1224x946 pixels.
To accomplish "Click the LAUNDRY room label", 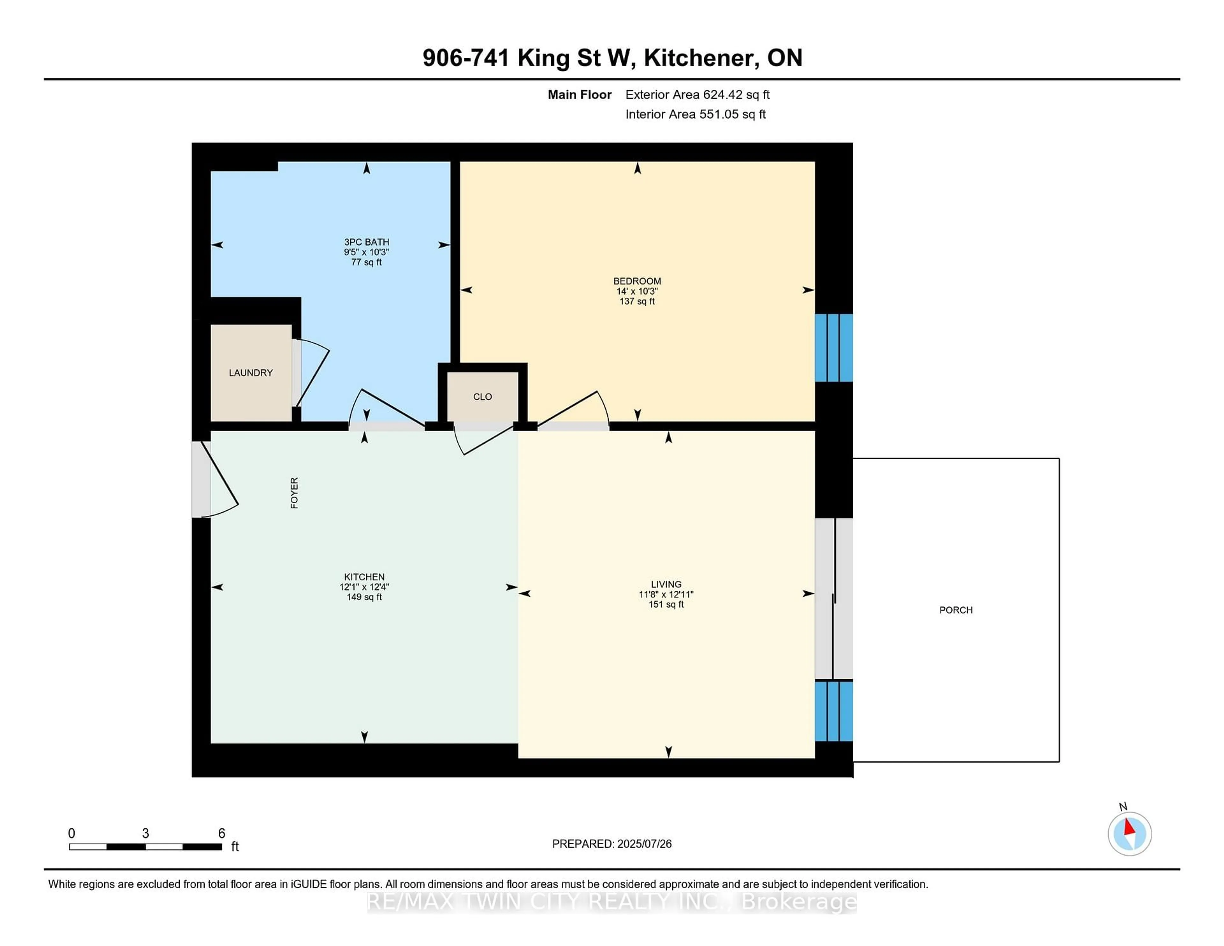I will point(251,373).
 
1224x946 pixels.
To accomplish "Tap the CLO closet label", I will point(482,397).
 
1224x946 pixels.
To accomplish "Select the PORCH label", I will point(956,610).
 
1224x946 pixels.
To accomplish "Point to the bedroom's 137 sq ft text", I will point(637,302).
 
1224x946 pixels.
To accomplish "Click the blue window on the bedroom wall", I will point(834,347).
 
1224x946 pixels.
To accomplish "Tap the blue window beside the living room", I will point(834,711).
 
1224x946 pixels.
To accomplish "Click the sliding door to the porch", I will point(834,599).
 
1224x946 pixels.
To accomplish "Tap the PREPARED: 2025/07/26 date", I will point(611,843).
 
